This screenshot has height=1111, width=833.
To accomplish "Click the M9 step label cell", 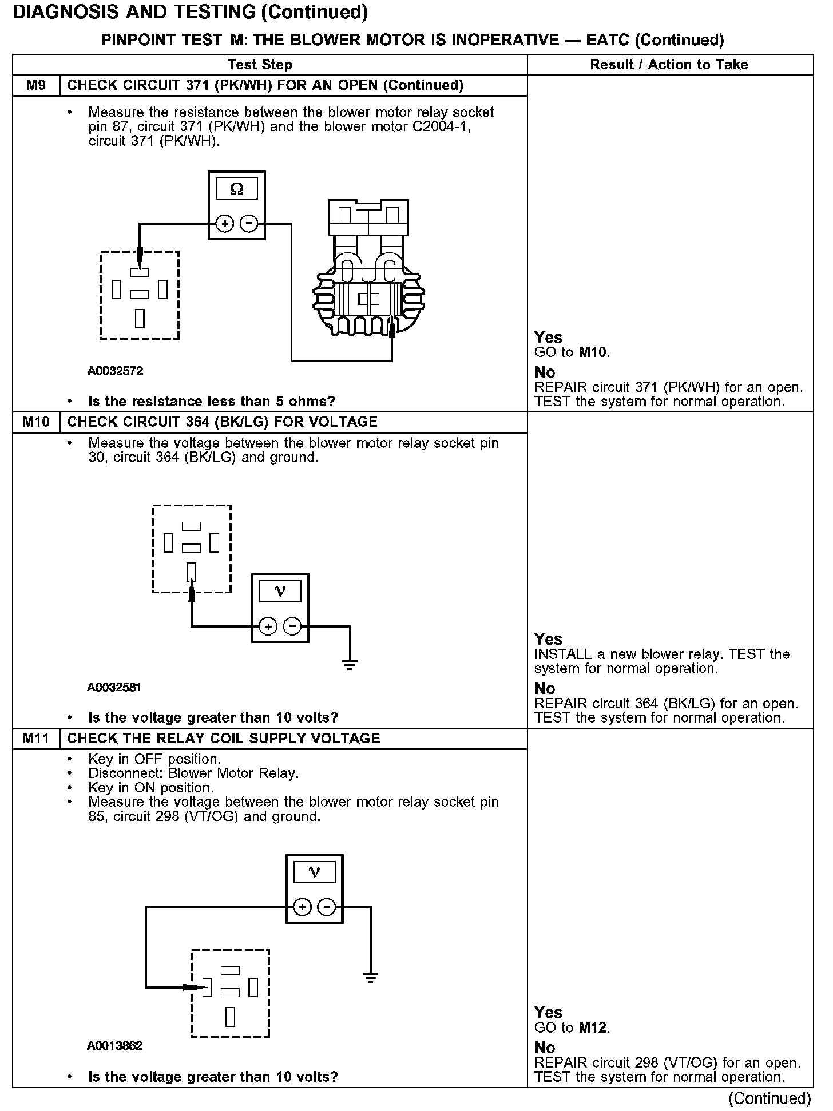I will pos(36,86).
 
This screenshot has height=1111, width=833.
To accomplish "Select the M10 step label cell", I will pos(36,422).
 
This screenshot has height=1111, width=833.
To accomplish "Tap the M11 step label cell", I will pos(36,739).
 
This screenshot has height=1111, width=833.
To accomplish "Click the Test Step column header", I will pos(260,65).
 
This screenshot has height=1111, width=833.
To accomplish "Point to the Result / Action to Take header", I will pos(669,65).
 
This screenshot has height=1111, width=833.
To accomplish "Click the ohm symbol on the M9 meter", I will pos(236,189).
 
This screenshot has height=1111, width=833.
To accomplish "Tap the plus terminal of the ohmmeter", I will pos(225,224).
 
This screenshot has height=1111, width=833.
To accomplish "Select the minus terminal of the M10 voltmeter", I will pos(292,626).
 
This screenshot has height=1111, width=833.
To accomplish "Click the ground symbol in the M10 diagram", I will pos(349,664).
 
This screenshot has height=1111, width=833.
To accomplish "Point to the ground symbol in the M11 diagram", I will pos(371,978).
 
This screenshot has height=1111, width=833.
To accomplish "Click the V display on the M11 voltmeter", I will pos(314,872).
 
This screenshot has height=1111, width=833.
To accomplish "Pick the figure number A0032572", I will pos(115,371).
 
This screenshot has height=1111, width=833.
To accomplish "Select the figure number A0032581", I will pos(114,687).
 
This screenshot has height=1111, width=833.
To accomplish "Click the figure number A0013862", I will pos(114,1046).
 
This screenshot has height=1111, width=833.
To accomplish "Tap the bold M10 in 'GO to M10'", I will pos(593,352).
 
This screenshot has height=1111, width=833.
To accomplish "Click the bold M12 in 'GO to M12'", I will pos(593,1027).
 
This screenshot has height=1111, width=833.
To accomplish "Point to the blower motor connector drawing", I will pos(369,269).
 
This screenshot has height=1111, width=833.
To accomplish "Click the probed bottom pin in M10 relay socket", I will pos(192,572).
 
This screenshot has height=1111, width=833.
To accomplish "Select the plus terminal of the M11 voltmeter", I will pos(302,907).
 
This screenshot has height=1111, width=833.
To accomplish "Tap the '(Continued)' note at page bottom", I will pos(769,1098).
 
